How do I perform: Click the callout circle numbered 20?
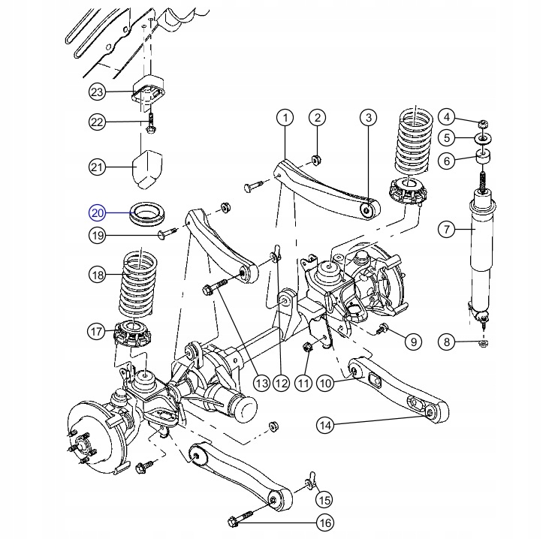click(98, 212)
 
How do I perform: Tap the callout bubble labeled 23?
click(98, 92)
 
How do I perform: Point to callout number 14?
click(324, 426)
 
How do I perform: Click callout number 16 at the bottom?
click(324, 522)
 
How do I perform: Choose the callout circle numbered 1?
click(285, 117)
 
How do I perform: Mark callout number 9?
click(412, 342)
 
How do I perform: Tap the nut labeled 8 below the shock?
click(484, 344)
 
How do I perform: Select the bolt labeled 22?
click(151, 122)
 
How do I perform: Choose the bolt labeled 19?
click(166, 234)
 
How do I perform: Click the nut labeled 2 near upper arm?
click(316, 159)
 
